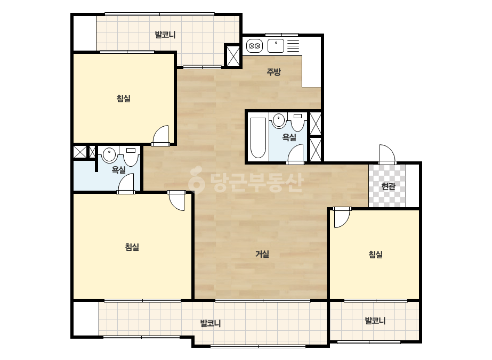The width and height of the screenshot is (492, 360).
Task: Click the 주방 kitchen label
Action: [x=273, y=72]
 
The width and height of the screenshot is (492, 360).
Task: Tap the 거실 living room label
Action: [x=262, y=253]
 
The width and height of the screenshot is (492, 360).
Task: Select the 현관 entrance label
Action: [x=388, y=186]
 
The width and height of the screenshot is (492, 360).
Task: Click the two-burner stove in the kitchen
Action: [x=254, y=46]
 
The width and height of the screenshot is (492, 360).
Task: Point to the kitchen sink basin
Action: [x=276, y=46]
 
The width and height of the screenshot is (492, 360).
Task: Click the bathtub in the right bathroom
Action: [x=258, y=138]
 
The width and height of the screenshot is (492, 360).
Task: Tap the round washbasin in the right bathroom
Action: [x=279, y=120]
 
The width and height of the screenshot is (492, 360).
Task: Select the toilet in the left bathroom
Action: [x=131, y=157]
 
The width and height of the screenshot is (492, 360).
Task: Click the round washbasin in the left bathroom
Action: [x=109, y=154]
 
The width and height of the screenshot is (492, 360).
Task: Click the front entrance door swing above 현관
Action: [x=387, y=154]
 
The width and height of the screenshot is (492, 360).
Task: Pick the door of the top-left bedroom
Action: [x=160, y=135]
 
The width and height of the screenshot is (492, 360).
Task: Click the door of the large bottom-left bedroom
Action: [x=176, y=200]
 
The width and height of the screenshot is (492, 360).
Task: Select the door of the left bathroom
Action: [x=126, y=183]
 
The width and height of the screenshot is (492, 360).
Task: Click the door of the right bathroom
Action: [x=296, y=154]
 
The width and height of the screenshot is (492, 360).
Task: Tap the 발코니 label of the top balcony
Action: [x=165, y=35]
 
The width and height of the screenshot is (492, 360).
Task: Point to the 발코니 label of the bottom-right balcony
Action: [x=375, y=321]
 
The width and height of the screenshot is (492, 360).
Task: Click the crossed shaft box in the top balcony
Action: [x=233, y=56]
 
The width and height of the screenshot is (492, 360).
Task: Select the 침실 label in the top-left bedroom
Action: [x=124, y=99]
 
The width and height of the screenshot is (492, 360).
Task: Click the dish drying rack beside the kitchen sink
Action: [x=293, y=46]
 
